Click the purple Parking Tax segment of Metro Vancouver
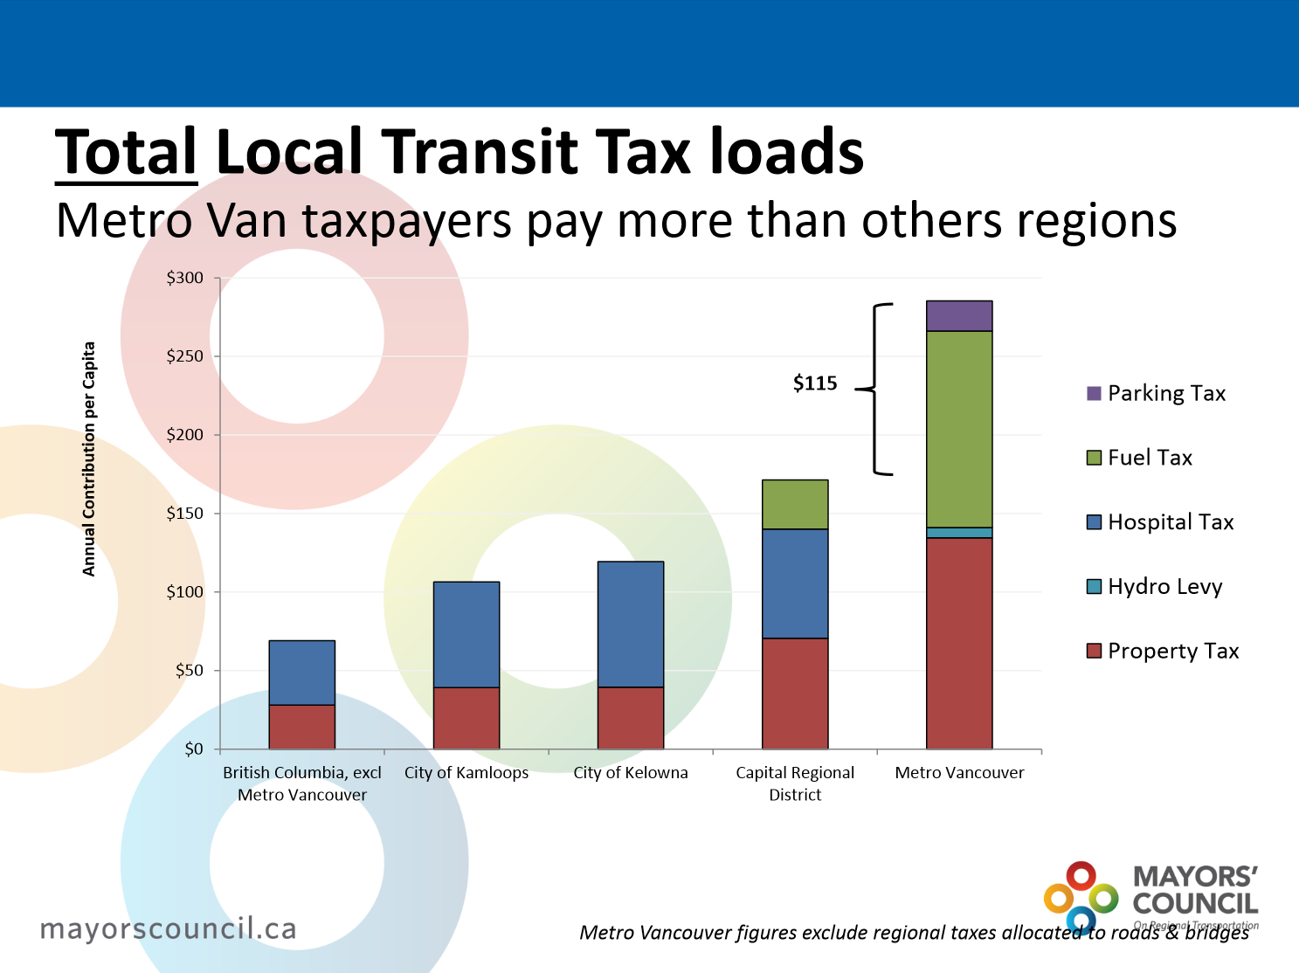click(x=959, y=316)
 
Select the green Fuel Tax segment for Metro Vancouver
click(x=959, y=429)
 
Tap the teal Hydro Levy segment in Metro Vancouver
click(x=959, y=533)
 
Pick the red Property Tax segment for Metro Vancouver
click(x=959, y=644)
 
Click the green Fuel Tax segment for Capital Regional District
click(x=795, y=505)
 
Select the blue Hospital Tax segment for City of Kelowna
click(x=631, y=625)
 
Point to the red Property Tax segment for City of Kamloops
click(x=466, y=718)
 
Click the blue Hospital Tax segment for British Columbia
click(x=302, y=673)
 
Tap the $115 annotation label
click(x=815, y=383)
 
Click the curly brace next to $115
click(x=876, y=390)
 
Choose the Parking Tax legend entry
click(x=1156, y=394)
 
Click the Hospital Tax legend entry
click(x=1159, y=522)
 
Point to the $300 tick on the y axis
click(x=185, y=279)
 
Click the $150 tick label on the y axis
click(x=185, y=514)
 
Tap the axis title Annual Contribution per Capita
click(x=88, y=459)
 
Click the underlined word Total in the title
click(x=127, y=153)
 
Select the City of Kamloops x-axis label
click(x=466, y=773)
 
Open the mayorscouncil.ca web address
click(x=169, y=928)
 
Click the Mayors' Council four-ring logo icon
click(x=1081, y=897)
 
